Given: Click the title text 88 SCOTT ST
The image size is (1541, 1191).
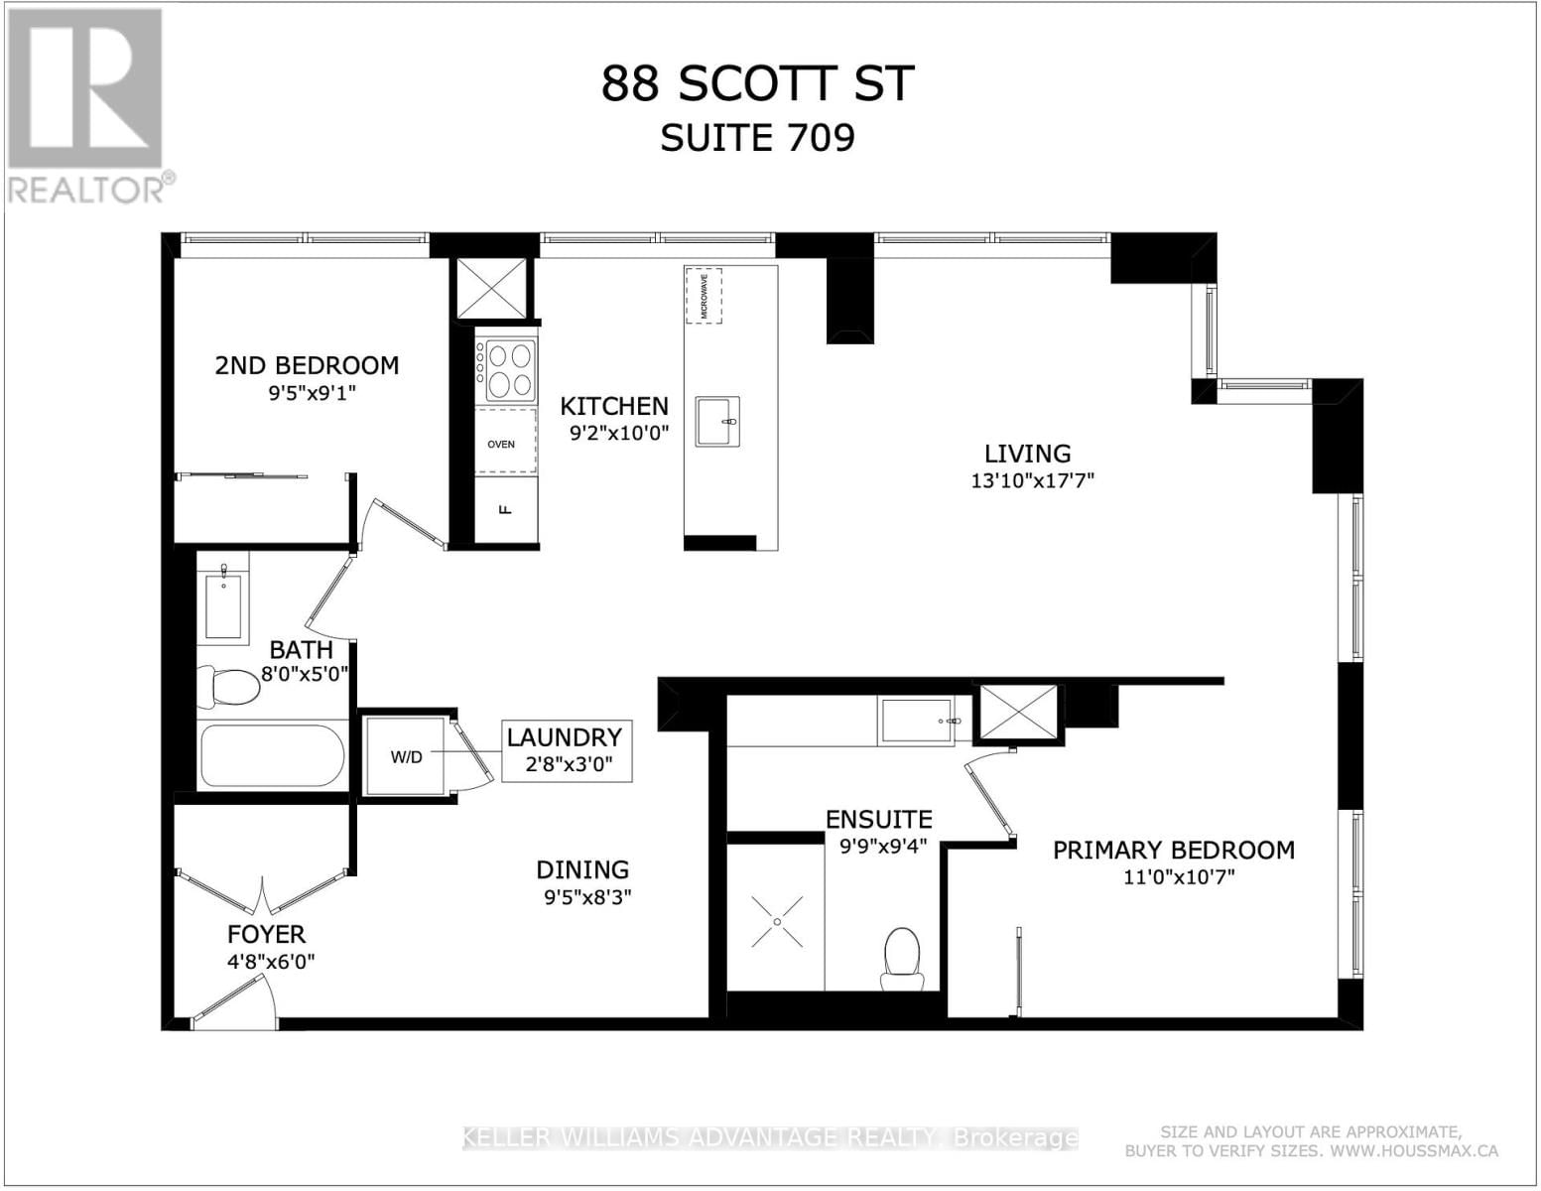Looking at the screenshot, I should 756,84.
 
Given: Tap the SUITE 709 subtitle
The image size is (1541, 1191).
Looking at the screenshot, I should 757,138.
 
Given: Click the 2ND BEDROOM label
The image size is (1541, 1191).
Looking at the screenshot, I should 307,365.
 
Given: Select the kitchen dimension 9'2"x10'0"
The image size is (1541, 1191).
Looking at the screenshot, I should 619,433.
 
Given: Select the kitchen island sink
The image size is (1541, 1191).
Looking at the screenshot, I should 716,422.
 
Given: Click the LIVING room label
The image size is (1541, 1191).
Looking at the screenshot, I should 1027,454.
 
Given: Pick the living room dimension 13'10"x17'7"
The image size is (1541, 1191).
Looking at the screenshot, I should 1032,481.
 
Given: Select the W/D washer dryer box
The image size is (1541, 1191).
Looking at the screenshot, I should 406,757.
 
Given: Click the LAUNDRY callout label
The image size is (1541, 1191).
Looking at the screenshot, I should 565,737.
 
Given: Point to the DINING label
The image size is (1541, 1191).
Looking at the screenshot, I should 582,869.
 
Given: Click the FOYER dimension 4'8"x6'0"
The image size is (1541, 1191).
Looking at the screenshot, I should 266,961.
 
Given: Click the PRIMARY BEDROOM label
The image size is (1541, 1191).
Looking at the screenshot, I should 1173,850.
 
